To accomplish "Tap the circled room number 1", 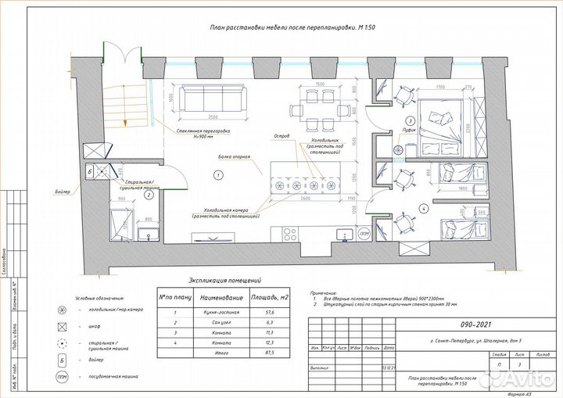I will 219,174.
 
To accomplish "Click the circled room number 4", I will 422,209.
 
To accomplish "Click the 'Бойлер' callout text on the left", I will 63,192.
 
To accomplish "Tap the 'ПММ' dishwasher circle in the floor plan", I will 364,234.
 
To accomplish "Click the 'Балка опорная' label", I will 234,156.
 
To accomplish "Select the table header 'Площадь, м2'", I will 270,298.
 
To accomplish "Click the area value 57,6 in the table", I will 270,312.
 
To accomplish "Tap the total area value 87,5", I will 270,353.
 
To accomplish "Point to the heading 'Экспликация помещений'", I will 224,280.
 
